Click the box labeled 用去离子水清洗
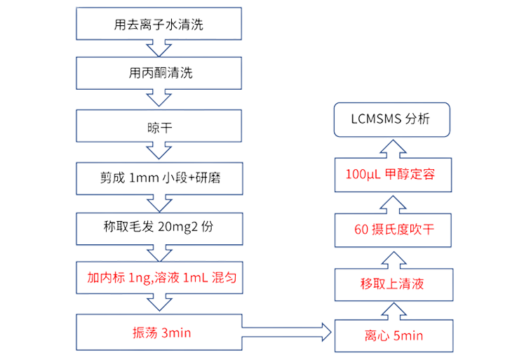coord(159,27)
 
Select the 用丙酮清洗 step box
coord(159,73)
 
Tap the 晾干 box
coord(159,127)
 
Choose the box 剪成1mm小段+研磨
coord(159,178)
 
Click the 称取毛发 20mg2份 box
coord(159,227)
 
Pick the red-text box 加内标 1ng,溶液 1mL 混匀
coord(159,278)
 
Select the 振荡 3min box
coord(159,331)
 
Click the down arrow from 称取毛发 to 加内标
coord(159,252)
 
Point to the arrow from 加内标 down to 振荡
coord(159,304)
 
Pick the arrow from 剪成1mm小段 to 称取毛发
coord(159,202)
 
